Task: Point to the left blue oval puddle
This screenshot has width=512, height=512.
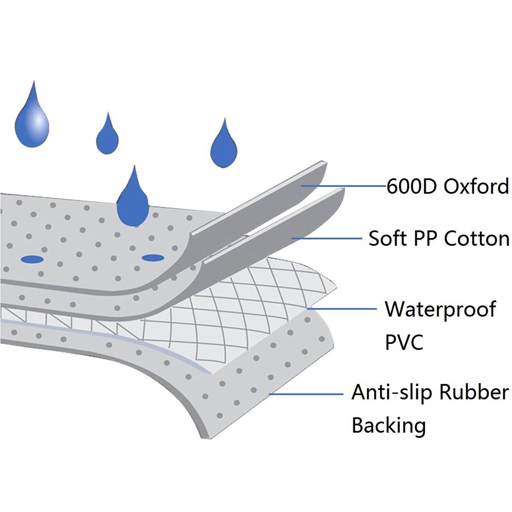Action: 32,259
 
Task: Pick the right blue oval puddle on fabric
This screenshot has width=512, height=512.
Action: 153,258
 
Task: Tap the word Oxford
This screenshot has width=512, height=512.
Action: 476,186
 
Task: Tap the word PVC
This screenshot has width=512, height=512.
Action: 404,342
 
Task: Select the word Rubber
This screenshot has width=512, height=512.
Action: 474,393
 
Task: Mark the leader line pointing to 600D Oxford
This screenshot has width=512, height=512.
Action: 345,186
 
